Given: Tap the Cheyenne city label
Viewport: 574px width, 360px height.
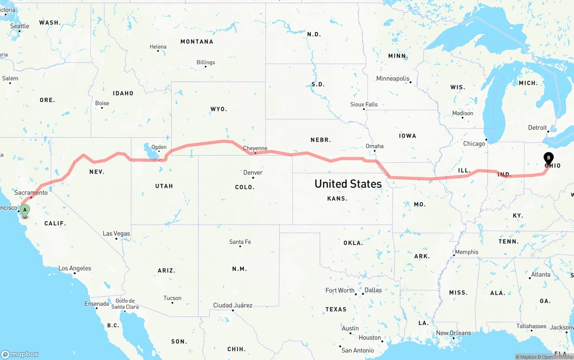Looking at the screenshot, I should point(255,148).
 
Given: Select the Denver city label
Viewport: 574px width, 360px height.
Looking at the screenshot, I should point(253,173).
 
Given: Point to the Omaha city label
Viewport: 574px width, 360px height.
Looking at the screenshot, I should point(374,146).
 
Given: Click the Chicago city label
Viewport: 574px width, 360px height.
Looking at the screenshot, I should point(474,144).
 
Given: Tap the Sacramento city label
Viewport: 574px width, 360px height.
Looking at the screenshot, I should point(31,193).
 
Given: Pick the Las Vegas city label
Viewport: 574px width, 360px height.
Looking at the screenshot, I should point(116,234).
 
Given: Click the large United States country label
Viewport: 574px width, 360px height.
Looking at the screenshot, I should point(348,183).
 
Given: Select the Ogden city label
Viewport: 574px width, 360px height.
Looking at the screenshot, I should point(159,147).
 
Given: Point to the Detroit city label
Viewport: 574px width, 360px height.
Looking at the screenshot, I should point(537,128).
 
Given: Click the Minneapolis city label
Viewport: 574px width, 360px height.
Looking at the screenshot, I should point(393,78).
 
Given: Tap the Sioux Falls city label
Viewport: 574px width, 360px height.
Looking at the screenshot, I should point(364,104).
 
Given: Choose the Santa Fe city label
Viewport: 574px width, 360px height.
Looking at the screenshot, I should point(240,242).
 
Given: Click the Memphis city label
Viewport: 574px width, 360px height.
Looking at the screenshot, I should point(466,252).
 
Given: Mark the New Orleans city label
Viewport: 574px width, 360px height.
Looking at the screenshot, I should point(453,333).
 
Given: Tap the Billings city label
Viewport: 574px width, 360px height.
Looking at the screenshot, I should point(206,62).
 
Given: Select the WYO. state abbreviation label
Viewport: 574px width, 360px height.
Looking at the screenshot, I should point(219,109).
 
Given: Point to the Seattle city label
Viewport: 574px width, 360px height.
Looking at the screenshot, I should point(19,26).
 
